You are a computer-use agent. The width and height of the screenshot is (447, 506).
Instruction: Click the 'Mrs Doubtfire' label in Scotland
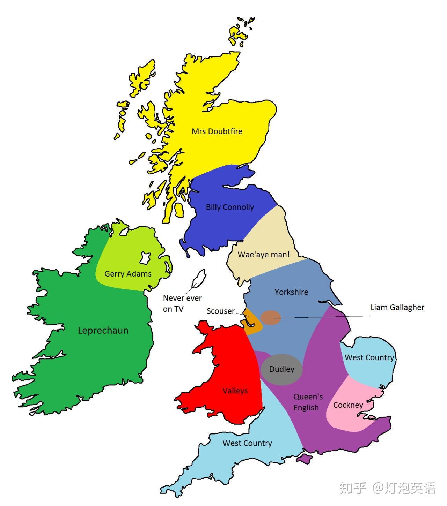click(217, 131)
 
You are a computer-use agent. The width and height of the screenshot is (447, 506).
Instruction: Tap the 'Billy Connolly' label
click(230, 207)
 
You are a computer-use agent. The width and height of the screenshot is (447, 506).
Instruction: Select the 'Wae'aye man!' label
click(264, 255)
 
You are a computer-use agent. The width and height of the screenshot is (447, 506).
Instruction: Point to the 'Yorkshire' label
click(291, 292)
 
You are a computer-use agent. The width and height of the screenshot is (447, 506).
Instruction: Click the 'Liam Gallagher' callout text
click(397, 308)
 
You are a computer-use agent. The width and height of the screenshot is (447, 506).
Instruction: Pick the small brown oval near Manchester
click(271, 317)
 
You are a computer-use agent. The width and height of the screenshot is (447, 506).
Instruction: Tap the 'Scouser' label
click(220, 311)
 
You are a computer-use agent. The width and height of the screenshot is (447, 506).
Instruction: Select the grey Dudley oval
click(281, 369)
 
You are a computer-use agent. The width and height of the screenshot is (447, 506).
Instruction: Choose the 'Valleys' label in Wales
click(235, 391)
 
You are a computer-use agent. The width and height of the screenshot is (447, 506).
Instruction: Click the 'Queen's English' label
click(307, 402)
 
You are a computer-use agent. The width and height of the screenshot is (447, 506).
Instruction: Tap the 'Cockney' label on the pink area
click(348, 405)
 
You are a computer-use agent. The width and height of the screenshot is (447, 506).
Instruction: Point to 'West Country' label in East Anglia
click(369, 357)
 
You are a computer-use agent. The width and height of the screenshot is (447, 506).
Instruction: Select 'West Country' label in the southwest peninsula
click(247, 443)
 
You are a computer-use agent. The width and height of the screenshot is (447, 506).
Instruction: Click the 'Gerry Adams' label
click(128, 274)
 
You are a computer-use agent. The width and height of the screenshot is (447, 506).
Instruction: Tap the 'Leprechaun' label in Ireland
click(103, 331)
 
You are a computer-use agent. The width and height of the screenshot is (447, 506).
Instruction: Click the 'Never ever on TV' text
click(182, 303)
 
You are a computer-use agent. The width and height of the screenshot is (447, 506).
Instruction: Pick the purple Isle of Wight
click(303, 459)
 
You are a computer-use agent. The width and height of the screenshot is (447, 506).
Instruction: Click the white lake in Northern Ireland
click(145, 258)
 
